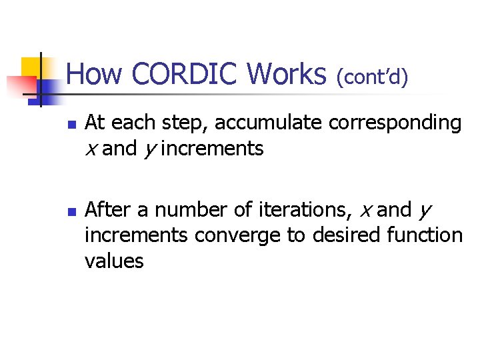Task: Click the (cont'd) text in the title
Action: tap(372, 77)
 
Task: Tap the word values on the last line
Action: tap(114, 260)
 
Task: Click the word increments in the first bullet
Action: tap(212, 149)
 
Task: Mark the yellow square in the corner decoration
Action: tap(31, 67)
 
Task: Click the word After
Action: tap(108, 209)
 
